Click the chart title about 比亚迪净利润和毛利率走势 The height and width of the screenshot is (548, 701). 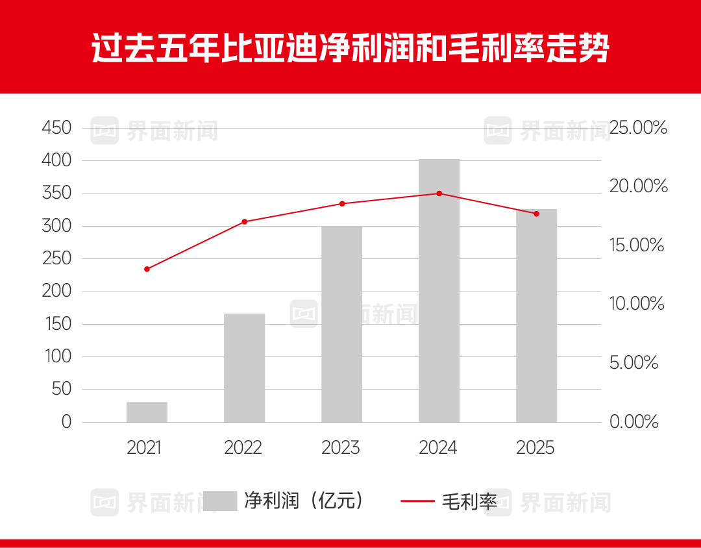tap(350, 48)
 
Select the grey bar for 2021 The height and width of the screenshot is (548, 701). tap(147, 412)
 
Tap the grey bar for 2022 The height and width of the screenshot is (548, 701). tap(244, 368)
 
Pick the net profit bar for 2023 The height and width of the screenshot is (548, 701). tap(341, 324)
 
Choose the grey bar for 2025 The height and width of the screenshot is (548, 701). tap(536, 316)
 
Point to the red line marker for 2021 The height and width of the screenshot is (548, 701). tap(147, 269)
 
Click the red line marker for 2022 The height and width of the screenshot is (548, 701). tap(244, 221)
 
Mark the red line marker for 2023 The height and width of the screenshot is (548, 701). tap(341, 204)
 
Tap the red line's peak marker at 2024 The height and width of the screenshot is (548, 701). tap(439, 193)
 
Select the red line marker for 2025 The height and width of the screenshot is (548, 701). tap(536, 214)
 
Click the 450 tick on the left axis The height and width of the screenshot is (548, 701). tap(56, 128)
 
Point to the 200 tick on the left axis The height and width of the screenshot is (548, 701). tap(56, 292)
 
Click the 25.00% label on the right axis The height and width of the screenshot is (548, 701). tap(638, 128)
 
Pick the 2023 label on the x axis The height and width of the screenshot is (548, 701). tap(341, 447)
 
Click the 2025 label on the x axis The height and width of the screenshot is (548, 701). tap(535, 447)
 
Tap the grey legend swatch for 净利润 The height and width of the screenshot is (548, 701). tap(219, 501)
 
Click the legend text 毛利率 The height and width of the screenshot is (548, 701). tap(469, 501)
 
